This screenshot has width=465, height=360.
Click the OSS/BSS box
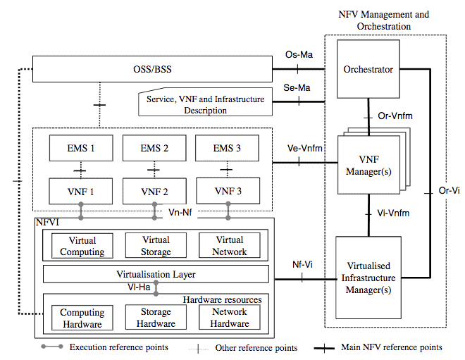[x=152, y=70]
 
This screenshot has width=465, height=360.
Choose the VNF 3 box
[x=228, y=191]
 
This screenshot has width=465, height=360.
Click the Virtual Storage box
[x=156, y=246]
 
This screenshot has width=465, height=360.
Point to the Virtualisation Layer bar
[x=156, y=274]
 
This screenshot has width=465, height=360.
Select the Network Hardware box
[x=229, y=318]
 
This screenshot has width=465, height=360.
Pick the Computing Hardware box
[x=82, y=318]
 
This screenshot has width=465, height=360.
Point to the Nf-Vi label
[x=302, y=265]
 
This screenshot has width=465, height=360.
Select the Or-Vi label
[x=447, y=191]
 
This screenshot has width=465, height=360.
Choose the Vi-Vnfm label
[x=393, y=212]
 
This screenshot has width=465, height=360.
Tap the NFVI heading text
[x=48, y=223]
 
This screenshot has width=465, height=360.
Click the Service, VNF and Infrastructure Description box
[x=206, y=104]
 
